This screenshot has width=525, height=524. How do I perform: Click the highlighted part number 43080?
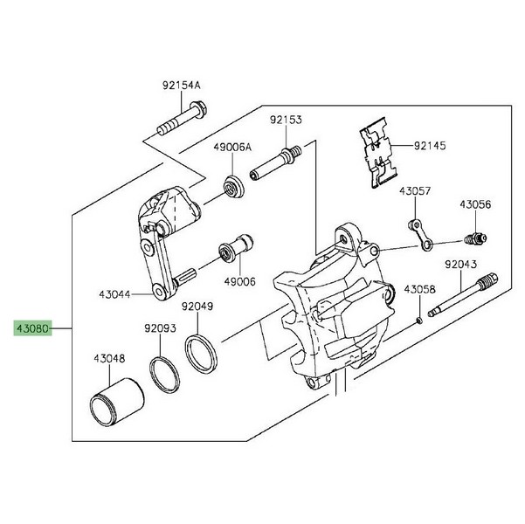pyautogui.click(x=32, y=330)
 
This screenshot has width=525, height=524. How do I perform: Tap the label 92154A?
pyautogui.click(x=181, y=86)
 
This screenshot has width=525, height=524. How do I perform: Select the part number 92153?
pyautogui.click(x=286, y=120)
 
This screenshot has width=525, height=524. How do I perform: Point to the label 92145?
pyautogui.click(x=429, y=146)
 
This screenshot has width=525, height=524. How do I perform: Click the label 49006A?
pyautogui.click(x=232, y=148)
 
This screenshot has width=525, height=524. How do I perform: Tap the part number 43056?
pyautogui.click(x=477, y=204)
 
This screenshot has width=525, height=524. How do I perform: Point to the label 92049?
pyautogui.click(x=197, y=306)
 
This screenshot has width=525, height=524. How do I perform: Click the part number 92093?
pyautogui.click(x=161, y=329)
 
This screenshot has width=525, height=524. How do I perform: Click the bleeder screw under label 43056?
pyautogui.click(x=477, y=237)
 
